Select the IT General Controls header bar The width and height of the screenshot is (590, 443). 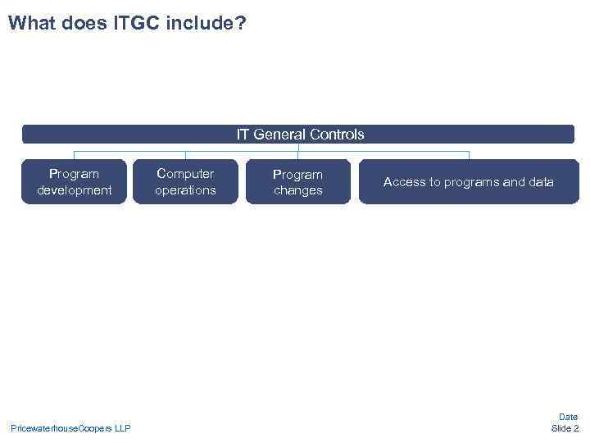(298, 134)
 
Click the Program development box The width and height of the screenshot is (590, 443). (74, 181)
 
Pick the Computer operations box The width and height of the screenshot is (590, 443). (185, 181)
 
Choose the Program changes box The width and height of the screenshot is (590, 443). (297, 181)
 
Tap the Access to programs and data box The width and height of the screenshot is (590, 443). (468, 181)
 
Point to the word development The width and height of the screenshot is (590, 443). (74, 190)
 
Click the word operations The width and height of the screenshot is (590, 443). (185, 190)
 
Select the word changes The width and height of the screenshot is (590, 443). (297, 190)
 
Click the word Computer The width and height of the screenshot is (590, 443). (185, 173)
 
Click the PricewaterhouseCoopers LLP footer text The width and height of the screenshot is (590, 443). (70, 428)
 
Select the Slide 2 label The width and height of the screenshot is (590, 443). (565, 428)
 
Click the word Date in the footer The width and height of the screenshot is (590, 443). (568, 417)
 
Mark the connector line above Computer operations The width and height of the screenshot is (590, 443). (185, 155)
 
